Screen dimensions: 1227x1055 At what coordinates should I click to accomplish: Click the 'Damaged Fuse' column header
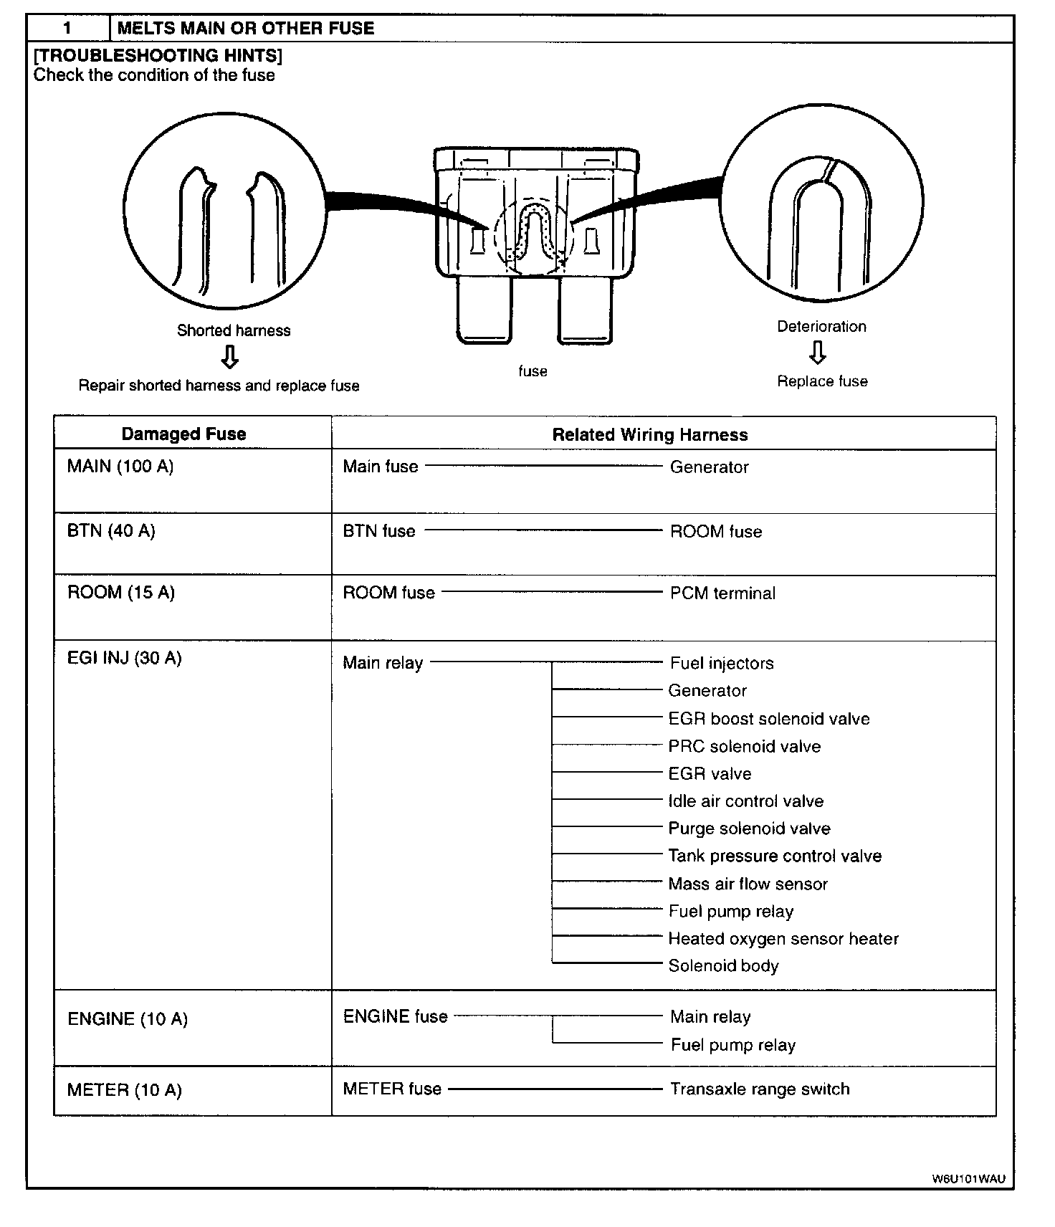tap(183, 434)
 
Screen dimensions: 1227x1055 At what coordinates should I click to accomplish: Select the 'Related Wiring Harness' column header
tap(649, 434)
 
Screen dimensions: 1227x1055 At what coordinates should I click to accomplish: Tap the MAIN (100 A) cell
tap(120, 467)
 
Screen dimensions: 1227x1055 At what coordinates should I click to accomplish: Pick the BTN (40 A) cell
tap(111, 531)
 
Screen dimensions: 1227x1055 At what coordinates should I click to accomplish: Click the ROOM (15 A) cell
tap(121, 593)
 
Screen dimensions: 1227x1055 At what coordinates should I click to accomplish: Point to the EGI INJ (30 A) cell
tap(125, 658)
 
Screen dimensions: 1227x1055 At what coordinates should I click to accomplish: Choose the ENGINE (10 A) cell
tap(128, 1018)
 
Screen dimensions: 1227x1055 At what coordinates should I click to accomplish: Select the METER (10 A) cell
tap(125, 1090)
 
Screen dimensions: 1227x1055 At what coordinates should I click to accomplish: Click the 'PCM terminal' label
tap(722, 593)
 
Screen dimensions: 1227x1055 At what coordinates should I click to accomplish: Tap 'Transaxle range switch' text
tap(760, 1089)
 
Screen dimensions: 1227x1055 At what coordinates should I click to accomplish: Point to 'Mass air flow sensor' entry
tap(748, 884)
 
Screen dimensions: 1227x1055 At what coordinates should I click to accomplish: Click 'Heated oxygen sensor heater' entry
tap(783, 939)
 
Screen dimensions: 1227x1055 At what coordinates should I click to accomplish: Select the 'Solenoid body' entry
tap(723, 966)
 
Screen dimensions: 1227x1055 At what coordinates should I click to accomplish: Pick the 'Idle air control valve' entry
tap(745, 801)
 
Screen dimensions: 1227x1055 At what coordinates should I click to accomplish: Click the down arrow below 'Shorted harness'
tap(229, 357)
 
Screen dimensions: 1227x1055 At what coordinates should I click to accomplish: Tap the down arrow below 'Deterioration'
tap(818, 353)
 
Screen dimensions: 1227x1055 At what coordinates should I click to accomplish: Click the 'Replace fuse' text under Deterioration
tap(822, 381)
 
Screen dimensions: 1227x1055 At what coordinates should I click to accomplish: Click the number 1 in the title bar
tap(67, 29)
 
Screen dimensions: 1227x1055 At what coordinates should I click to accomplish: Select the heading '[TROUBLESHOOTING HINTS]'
tap(158, 56)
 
